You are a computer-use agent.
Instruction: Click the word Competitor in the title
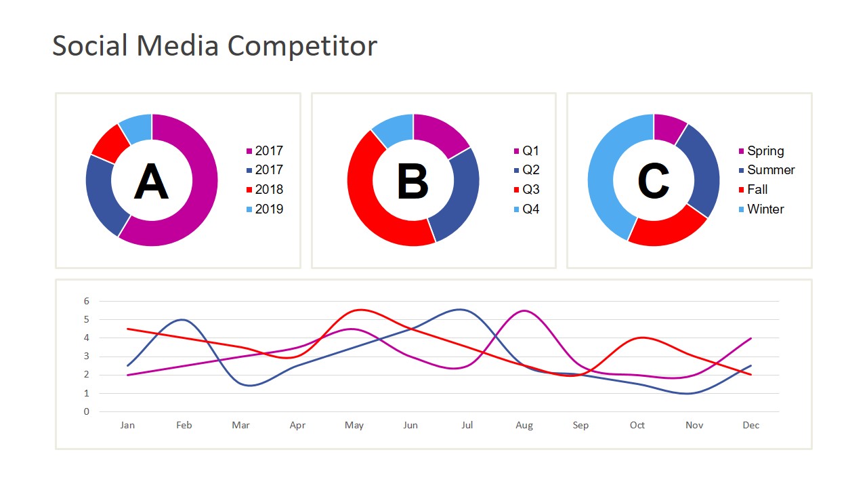(302, 46)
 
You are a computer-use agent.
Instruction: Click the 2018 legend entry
(269, 190)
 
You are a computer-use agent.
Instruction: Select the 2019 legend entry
(269, 209)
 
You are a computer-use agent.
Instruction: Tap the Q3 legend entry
(530, 190)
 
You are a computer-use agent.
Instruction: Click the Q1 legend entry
(530, 151)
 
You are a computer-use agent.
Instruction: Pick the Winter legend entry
(765, 209)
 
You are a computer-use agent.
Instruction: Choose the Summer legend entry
(770, 170)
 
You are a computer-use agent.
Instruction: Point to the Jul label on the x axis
(467, 426)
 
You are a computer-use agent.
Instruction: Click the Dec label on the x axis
(750, 426)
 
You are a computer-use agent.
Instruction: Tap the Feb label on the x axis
(184, 426)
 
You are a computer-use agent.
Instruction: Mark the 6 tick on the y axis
(86, 301)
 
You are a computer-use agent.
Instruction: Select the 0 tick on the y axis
(86, 411)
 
